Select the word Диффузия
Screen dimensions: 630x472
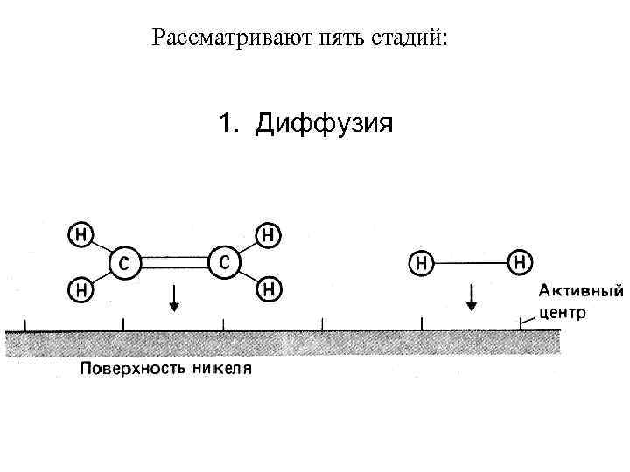click(324, 124)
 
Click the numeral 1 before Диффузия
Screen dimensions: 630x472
click(227, 124)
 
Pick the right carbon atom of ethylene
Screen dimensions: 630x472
click(224, 261)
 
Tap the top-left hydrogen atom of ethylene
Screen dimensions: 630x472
click(80, 234)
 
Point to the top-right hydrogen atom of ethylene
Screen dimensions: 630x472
click(269, 234)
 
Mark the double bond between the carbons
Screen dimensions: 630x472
click(175, 261)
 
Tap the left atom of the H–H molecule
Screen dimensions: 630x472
click(422, 261)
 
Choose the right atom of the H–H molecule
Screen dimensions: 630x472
click(520, 260)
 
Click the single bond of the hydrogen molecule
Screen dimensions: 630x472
click(471, 261)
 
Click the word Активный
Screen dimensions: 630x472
click(580, 290)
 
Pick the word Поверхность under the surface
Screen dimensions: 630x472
click(129, 368)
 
